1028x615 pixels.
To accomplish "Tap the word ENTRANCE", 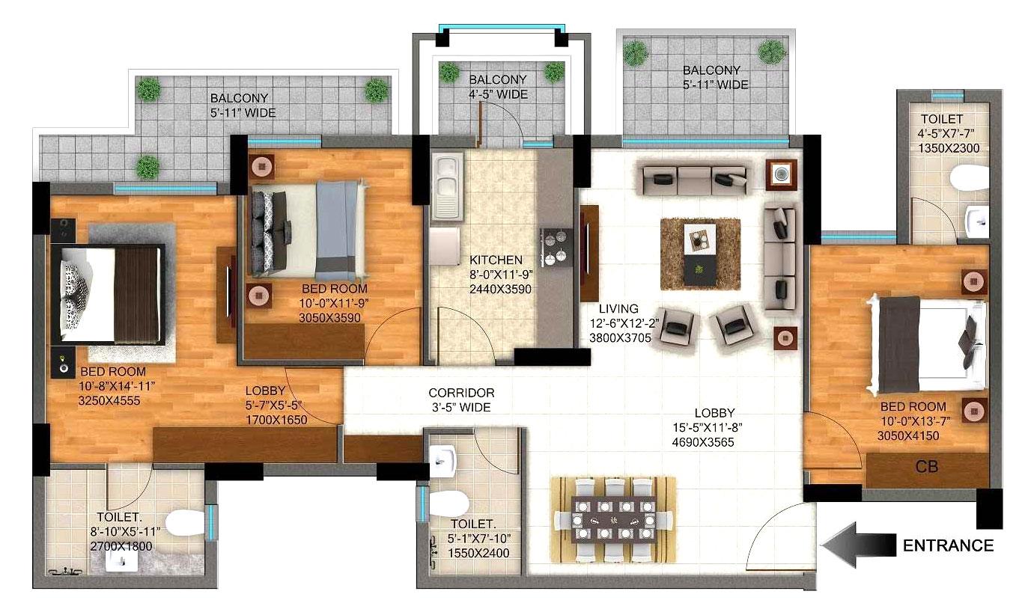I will tap(949, 545).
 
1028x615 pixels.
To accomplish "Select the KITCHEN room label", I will tap(491, 260).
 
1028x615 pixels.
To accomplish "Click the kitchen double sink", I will tap(446, 183).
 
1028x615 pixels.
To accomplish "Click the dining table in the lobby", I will tap(613, 518).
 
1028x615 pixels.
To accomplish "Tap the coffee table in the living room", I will tap(699, 253).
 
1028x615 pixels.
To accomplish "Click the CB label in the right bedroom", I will tap(926, 467).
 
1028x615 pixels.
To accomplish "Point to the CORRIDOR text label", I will tap(461, 393).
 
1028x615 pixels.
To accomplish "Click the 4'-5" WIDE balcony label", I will tap(498, 94).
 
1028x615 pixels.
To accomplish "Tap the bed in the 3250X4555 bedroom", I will tap(112, 294).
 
